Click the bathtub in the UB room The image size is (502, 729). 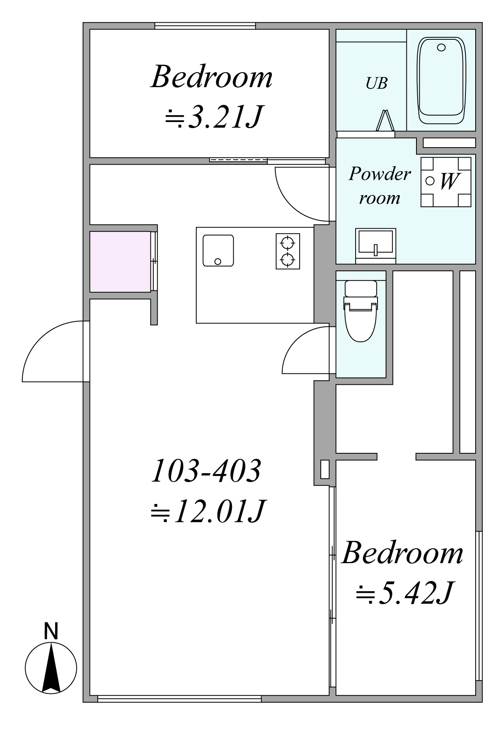(442, 81)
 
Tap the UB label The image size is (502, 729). (376, 83)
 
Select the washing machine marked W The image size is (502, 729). (446, 182)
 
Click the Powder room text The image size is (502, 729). (380, 186)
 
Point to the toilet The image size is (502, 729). (360, 311)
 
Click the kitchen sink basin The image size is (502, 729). (218, 250)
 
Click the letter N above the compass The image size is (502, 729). (51, 631)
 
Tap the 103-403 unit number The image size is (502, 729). (206, 471)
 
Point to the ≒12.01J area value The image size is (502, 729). (208, 511)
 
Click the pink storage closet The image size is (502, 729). (120, 262)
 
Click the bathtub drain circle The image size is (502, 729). (441, 47)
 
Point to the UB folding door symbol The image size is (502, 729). (385, 120)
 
